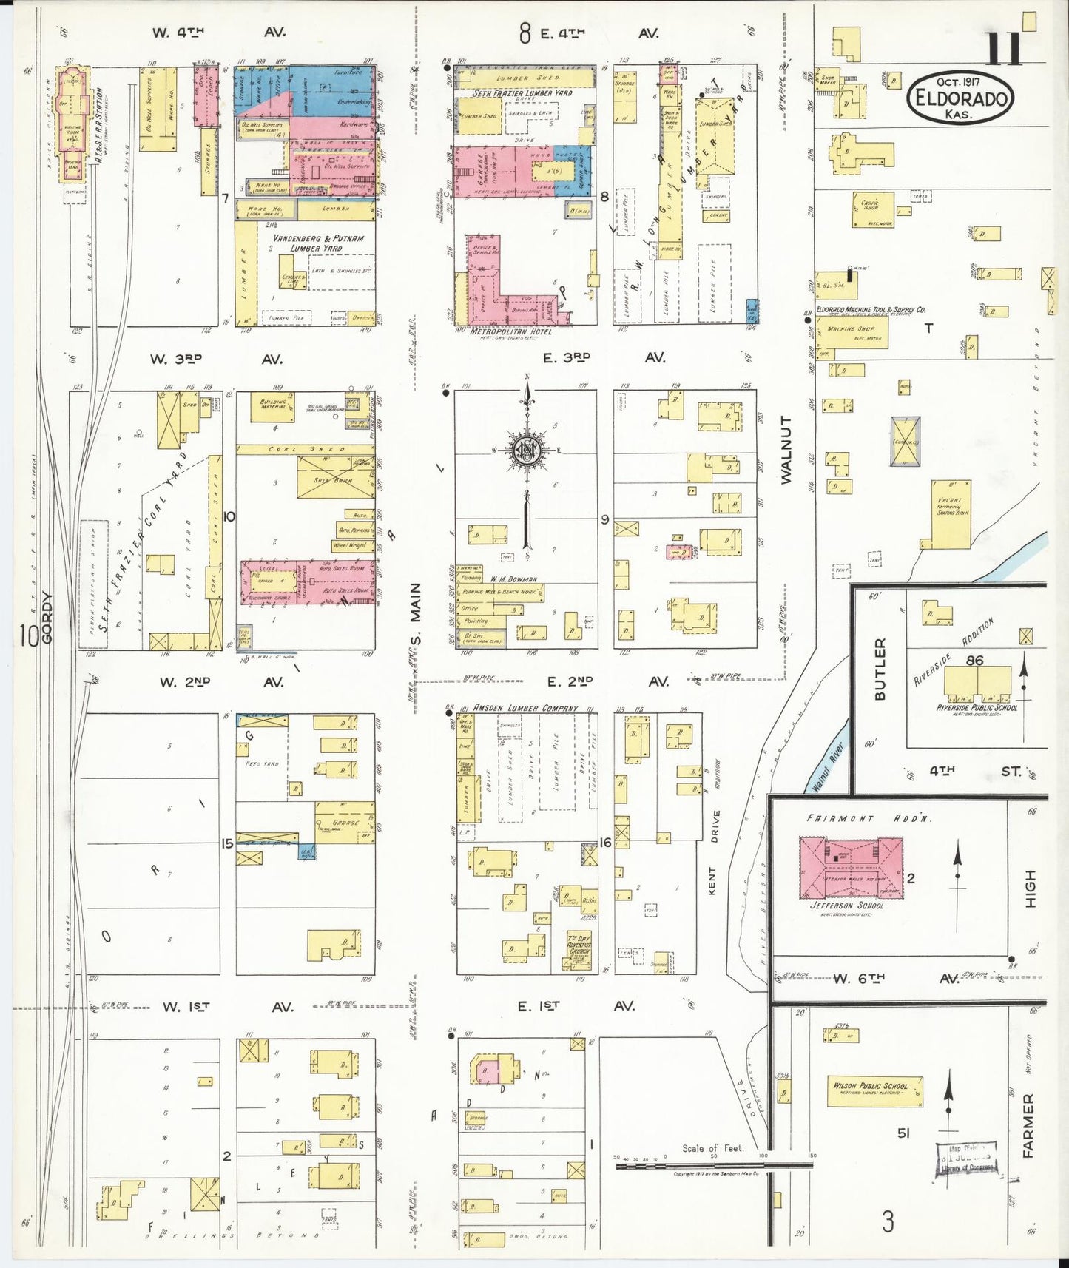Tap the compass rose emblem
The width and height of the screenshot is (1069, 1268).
tap(528, 451)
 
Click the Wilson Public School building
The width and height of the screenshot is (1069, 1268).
tap(875, 1090)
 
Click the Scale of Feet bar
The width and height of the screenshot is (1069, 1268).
tap(714, 1165)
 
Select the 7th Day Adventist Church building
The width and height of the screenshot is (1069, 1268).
tap(579, 949)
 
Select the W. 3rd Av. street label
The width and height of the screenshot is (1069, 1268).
tap(217, 359)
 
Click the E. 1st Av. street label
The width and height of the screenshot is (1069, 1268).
tap(570, 1006)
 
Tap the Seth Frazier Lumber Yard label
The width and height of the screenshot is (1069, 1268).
tap(522, 93)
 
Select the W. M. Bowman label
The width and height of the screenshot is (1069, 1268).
tap(512, 579)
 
